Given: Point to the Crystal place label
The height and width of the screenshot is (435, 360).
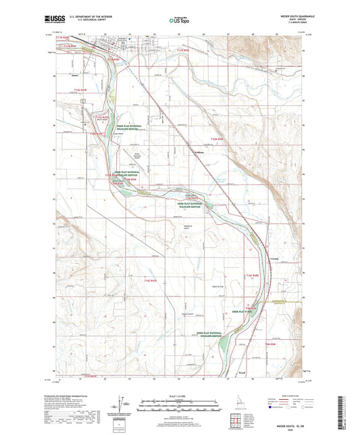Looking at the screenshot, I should [276, 258].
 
